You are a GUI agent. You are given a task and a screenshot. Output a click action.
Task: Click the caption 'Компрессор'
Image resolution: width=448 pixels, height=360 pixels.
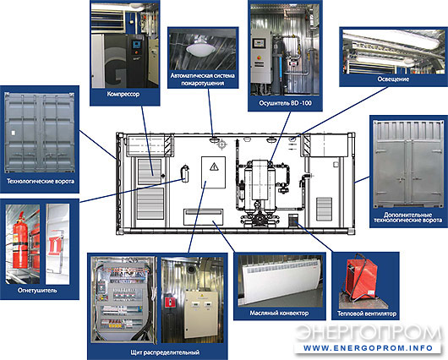[123, 94]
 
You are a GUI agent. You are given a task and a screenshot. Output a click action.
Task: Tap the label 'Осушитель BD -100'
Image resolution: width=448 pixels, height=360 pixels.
[285, 103]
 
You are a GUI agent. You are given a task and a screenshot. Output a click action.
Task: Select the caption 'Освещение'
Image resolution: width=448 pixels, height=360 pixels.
[393, 79]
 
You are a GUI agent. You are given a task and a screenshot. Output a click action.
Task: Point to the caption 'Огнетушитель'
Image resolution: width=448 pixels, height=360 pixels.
[37, 291]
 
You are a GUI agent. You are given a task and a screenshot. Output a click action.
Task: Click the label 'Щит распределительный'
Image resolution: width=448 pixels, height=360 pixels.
[165, 352]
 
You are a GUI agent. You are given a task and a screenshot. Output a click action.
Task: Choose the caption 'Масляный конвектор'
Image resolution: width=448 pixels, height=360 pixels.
[279, 313]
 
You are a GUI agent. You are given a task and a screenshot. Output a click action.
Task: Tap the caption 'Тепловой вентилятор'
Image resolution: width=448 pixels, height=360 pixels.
[367, 314]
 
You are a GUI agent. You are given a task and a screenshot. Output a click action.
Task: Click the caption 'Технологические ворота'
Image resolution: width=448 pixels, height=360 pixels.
[41, 181]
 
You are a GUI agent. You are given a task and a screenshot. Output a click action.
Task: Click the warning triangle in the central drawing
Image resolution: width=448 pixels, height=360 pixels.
[214, 166]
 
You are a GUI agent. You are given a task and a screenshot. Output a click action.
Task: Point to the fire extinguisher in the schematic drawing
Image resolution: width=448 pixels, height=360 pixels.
[185, 173]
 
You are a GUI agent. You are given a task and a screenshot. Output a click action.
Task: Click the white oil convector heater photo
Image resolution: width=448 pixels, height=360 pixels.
[278, 281]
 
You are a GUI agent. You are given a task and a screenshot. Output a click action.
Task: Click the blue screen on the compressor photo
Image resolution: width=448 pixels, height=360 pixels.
[137, 44]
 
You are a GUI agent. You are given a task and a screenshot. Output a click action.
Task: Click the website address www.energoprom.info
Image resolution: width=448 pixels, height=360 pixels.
[368, 348]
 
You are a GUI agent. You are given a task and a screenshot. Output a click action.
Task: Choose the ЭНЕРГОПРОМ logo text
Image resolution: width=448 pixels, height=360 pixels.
[369, 333]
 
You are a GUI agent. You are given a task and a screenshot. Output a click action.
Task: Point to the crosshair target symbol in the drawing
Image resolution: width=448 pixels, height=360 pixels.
[221, 144]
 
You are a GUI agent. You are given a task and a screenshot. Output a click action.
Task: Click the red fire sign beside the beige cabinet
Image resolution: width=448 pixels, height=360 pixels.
[170, 303]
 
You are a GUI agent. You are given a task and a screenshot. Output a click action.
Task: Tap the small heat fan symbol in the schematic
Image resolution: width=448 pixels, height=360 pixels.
[293, 221]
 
